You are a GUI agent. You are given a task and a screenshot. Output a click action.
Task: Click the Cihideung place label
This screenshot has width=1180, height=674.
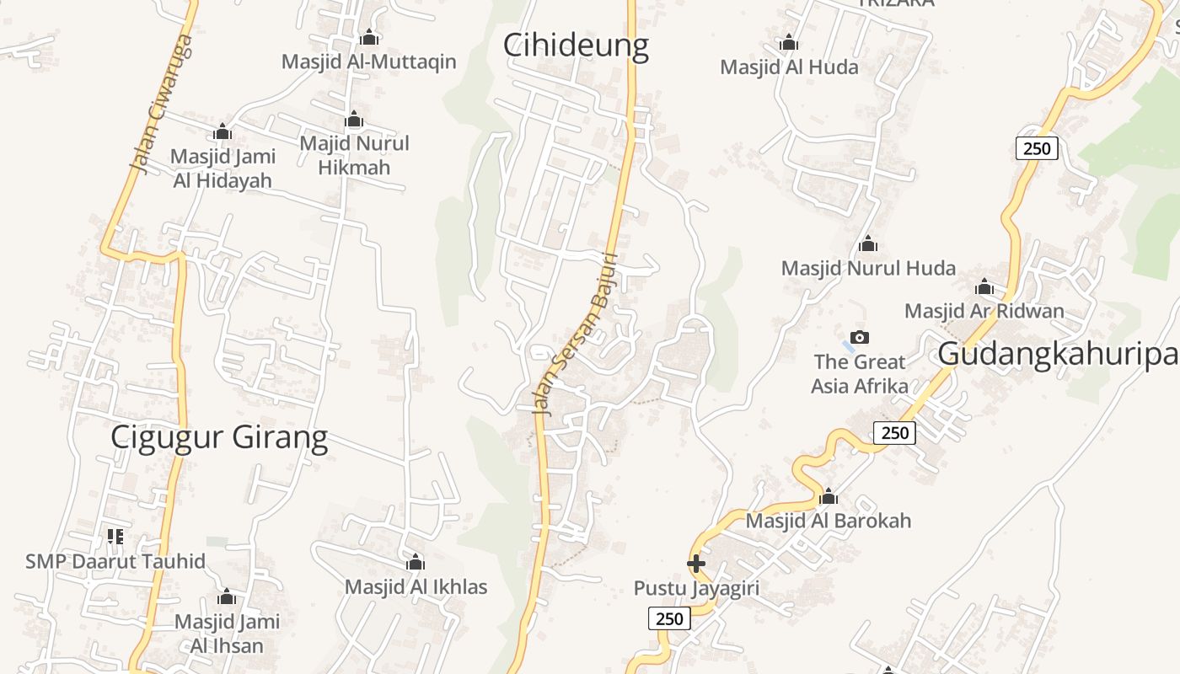576,45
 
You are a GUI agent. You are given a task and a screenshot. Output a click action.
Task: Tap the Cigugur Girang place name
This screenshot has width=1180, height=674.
219,438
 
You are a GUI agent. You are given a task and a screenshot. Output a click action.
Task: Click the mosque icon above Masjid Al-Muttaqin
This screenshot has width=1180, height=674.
368,38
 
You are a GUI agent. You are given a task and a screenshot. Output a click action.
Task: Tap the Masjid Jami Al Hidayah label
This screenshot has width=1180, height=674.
223,168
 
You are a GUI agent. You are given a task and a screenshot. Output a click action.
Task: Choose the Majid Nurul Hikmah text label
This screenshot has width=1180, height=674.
354,155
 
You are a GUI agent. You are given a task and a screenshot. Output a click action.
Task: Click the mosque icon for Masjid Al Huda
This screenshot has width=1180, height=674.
789,42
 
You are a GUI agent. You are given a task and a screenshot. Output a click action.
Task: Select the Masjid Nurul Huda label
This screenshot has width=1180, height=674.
868,269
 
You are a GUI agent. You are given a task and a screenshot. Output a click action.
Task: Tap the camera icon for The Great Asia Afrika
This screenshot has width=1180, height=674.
859,338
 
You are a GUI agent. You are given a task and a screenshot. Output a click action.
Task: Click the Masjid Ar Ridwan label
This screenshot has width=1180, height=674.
984,311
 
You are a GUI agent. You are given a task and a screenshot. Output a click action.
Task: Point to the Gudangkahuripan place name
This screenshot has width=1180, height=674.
1058,355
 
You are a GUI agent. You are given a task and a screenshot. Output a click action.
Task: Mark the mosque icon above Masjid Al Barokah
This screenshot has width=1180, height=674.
828,496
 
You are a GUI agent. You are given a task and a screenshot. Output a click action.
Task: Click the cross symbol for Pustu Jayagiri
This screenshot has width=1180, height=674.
696,564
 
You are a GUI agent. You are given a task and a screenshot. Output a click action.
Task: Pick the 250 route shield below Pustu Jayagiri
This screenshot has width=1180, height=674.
669,618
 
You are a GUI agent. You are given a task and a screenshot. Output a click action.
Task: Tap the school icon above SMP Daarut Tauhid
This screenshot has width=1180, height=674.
115,536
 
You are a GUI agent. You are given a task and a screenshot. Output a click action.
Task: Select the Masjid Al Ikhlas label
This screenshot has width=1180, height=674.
416,586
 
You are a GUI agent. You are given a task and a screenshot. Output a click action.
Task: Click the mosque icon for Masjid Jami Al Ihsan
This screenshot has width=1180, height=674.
226,597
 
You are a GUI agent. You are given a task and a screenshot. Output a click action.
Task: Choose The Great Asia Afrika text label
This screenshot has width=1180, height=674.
860,374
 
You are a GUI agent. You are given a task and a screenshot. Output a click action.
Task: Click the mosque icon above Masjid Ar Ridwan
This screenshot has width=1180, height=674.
984,286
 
